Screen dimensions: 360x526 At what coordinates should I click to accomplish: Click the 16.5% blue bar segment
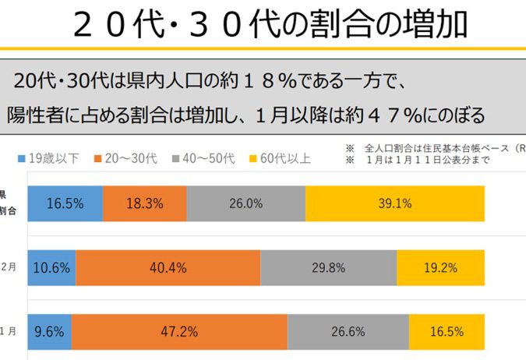coord(65,204)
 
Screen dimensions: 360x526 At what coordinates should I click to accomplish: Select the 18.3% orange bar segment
coord(145,204)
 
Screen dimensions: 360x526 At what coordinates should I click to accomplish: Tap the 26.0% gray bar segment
coord(246,204)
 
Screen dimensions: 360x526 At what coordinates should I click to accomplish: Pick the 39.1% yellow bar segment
coord(395,204)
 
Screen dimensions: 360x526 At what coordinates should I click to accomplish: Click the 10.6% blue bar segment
coord(52,268)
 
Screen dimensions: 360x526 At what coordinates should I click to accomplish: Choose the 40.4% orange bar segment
coord(168,268)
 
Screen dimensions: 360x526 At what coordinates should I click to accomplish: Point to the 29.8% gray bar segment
coord(328,268)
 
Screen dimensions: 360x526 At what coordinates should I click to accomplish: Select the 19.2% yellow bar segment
coord(440,268)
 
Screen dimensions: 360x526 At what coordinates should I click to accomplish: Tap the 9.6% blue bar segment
coord(50,331)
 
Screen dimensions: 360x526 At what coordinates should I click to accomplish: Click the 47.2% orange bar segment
coord(180,331)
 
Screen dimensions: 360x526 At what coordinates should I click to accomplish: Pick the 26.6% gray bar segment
coord(348,331)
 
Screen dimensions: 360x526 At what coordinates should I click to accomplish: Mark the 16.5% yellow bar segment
coord(447,331)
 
